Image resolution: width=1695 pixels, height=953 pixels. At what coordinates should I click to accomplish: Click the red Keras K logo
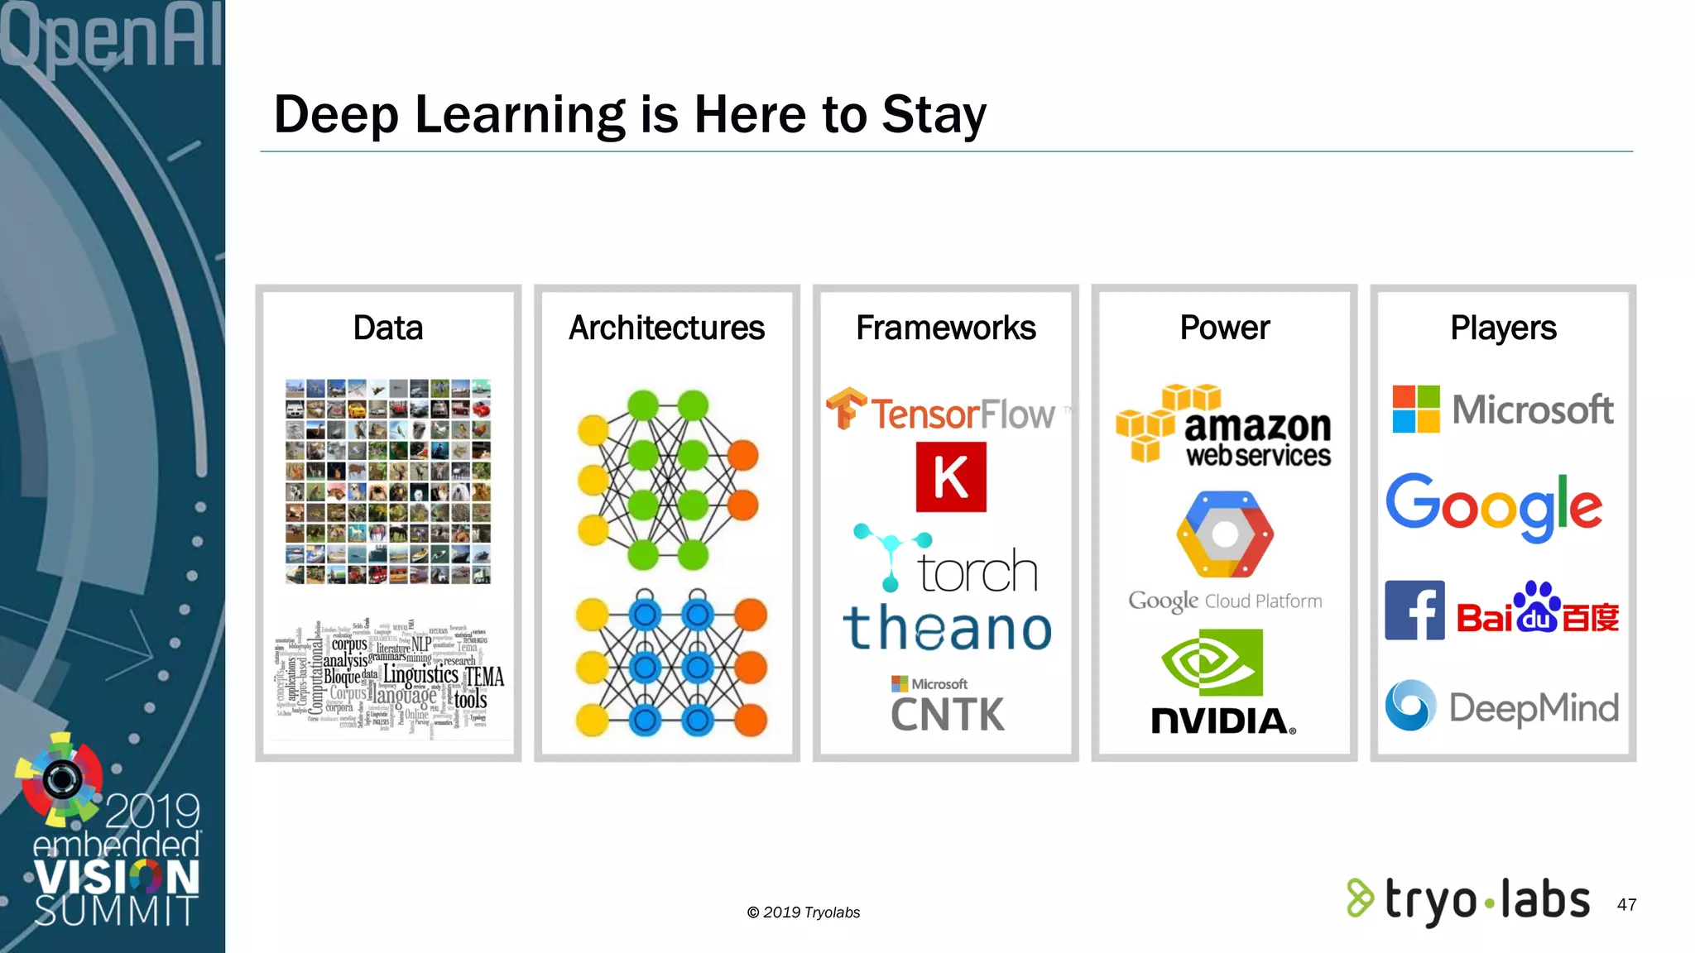pos(951,477)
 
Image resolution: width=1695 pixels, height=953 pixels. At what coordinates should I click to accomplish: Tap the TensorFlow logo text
pos(962,414)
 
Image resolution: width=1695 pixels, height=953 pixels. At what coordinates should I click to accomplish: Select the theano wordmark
pos(948,629)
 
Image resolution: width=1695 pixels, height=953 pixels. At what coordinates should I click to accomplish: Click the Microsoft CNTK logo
pos(948,706)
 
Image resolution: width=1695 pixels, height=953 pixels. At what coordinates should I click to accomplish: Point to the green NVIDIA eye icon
pos(1212,663)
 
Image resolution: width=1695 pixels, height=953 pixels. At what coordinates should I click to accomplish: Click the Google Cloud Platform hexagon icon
pos(1225,534)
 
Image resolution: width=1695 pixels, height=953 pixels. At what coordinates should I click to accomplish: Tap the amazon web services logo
pos(1224,426)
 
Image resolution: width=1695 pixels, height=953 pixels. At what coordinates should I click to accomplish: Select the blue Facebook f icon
pos(1414,611)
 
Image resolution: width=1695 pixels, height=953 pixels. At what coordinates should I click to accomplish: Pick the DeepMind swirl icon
pos(1410,706)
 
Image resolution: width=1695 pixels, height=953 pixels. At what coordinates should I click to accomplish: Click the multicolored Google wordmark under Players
pos(1494,505)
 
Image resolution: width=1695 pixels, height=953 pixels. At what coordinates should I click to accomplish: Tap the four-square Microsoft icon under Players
pos(1416,409)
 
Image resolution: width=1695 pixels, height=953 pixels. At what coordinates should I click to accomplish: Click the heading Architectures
pos(666,328)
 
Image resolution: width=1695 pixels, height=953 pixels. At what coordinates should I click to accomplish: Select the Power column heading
pos(1224,328)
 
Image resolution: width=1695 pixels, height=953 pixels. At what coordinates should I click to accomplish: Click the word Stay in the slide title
pos(934,114)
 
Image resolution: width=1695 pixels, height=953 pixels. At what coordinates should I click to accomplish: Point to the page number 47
pos(1626,904)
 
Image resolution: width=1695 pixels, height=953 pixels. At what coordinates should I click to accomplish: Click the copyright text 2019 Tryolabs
pos(804,912)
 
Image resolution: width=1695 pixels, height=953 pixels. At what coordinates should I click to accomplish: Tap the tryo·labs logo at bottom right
pos(1468,900)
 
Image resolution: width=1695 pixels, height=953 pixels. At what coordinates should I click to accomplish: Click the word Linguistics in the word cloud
pos(420,675)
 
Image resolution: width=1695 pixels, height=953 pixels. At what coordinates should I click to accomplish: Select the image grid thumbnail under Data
pos(388,482)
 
